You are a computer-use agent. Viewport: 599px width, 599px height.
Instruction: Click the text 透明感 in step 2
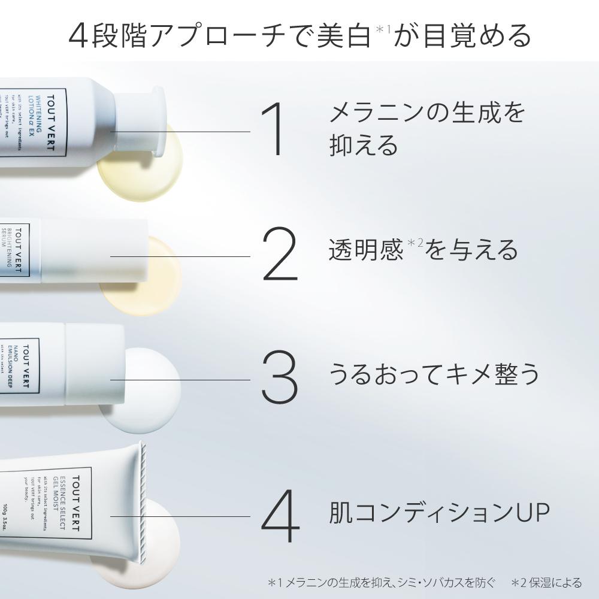click(365, 250)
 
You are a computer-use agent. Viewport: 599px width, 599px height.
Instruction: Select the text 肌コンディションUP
click(439, 513)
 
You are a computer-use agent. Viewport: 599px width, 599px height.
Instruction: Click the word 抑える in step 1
click(364, 145)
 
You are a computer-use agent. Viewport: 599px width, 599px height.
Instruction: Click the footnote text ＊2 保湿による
click(546, 582)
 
